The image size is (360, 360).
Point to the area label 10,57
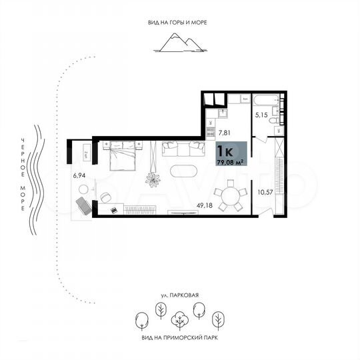tap(265, 193)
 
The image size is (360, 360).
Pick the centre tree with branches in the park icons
tap(179, 320)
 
